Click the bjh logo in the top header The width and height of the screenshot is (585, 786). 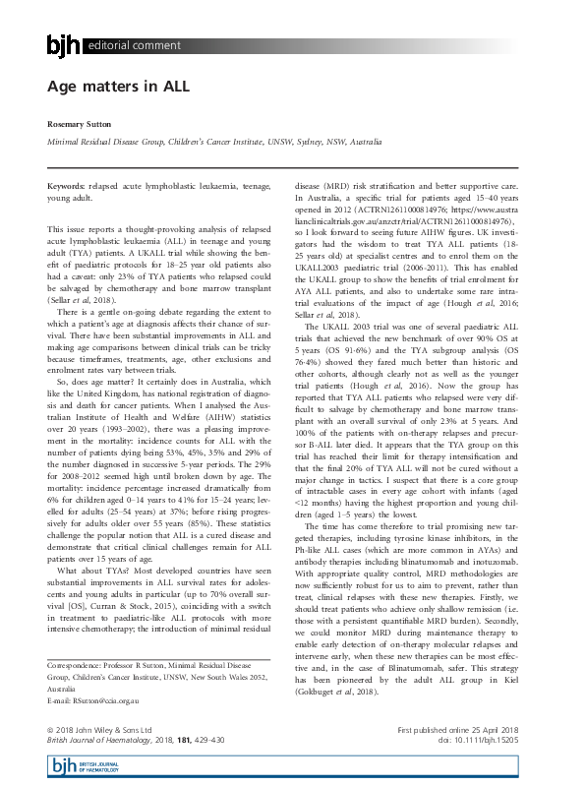[x=65, y=44]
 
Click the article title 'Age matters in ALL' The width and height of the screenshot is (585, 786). [x=118, y=87]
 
